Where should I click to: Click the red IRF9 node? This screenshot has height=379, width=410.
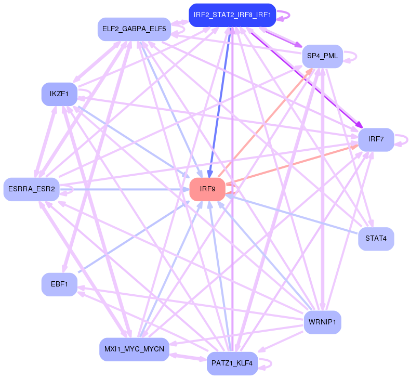(x=207, y=189)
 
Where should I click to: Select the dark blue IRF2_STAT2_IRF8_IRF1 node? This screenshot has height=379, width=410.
(x=232, y=15)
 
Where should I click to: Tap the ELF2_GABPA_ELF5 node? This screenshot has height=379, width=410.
(x=135, y=29)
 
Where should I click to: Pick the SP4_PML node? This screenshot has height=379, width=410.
(x=322, y=56)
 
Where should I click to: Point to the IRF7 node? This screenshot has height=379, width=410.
(x=376, y=139)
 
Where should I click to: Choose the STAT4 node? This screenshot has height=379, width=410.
(x=376, y=239)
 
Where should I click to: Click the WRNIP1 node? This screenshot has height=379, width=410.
(x=322, y=322)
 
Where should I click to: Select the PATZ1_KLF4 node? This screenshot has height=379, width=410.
(x=232, y=363)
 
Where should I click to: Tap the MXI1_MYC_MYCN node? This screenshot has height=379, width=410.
(x=134, y=349)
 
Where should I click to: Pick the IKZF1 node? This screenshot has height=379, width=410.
(x=59, y=94)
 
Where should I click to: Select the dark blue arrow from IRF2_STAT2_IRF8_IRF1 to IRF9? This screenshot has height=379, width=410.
(x=219, y=104)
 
